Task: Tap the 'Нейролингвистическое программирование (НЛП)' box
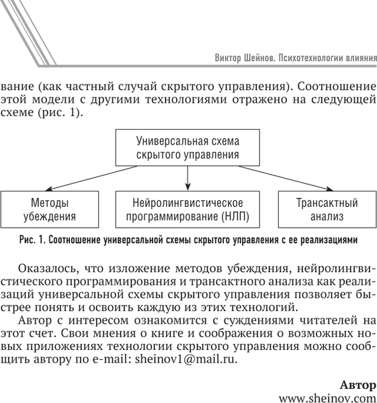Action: click(188, 209)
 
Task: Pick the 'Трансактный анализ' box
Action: click(327, 209)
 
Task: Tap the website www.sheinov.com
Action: click(327, 397)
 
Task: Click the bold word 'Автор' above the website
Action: click(358, 384)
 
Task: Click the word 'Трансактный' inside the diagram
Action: click(327, 202)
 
